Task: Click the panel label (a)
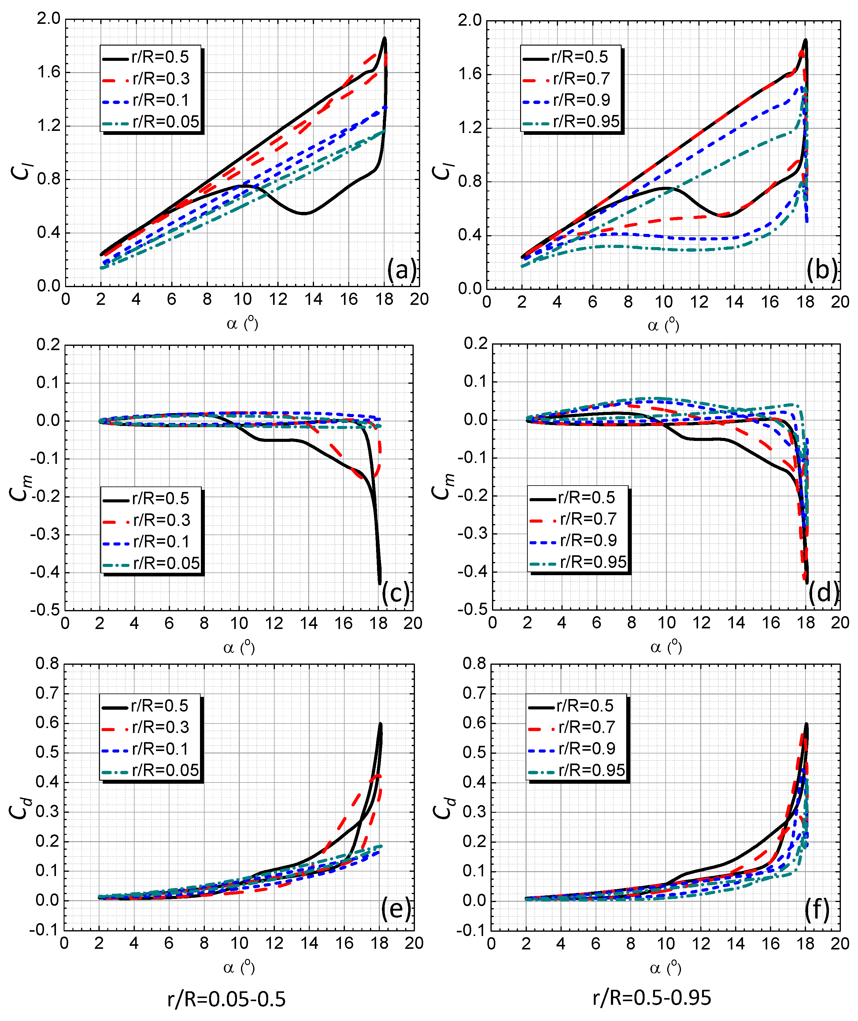pyautogui.click(x=402, y=270)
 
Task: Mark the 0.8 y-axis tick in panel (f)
pyautogui.click(x=474, y=664)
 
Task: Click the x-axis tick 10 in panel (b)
pyautogui.click(x=664, y=302)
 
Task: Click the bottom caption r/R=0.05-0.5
pyautogui.click(x=226, y=999)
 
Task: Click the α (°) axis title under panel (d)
pyautogui.click(x=665, y=647)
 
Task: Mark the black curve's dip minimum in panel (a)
pyautogui.click(x=304, y=213)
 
